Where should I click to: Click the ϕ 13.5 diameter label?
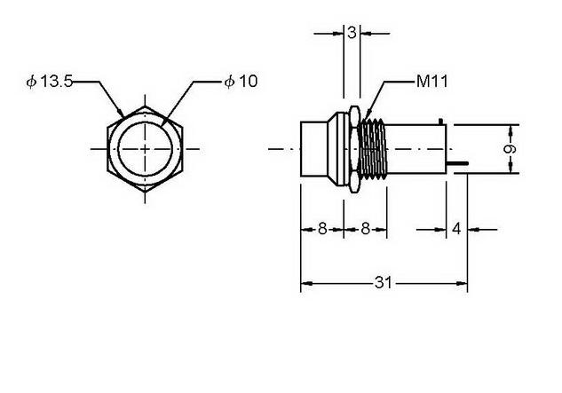pos(50,82)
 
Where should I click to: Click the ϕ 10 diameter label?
pos(241,82)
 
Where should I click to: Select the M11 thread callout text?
pos(431,82)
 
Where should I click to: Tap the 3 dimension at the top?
pos(352,33)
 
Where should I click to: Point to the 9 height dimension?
pos(510,149)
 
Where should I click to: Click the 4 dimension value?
pos(456,229)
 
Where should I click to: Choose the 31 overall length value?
pos(384,283)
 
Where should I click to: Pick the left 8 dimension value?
pos(322,229)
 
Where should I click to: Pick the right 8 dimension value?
pos(365,229)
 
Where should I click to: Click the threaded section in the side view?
pos(373,149)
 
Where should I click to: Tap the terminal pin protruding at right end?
pos(457,164)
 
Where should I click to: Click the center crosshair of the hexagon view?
pos(145,149)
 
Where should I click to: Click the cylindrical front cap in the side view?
pos(314,149)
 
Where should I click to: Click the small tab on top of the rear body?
pos(441,122)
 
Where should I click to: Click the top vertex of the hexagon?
pos(145,106)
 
